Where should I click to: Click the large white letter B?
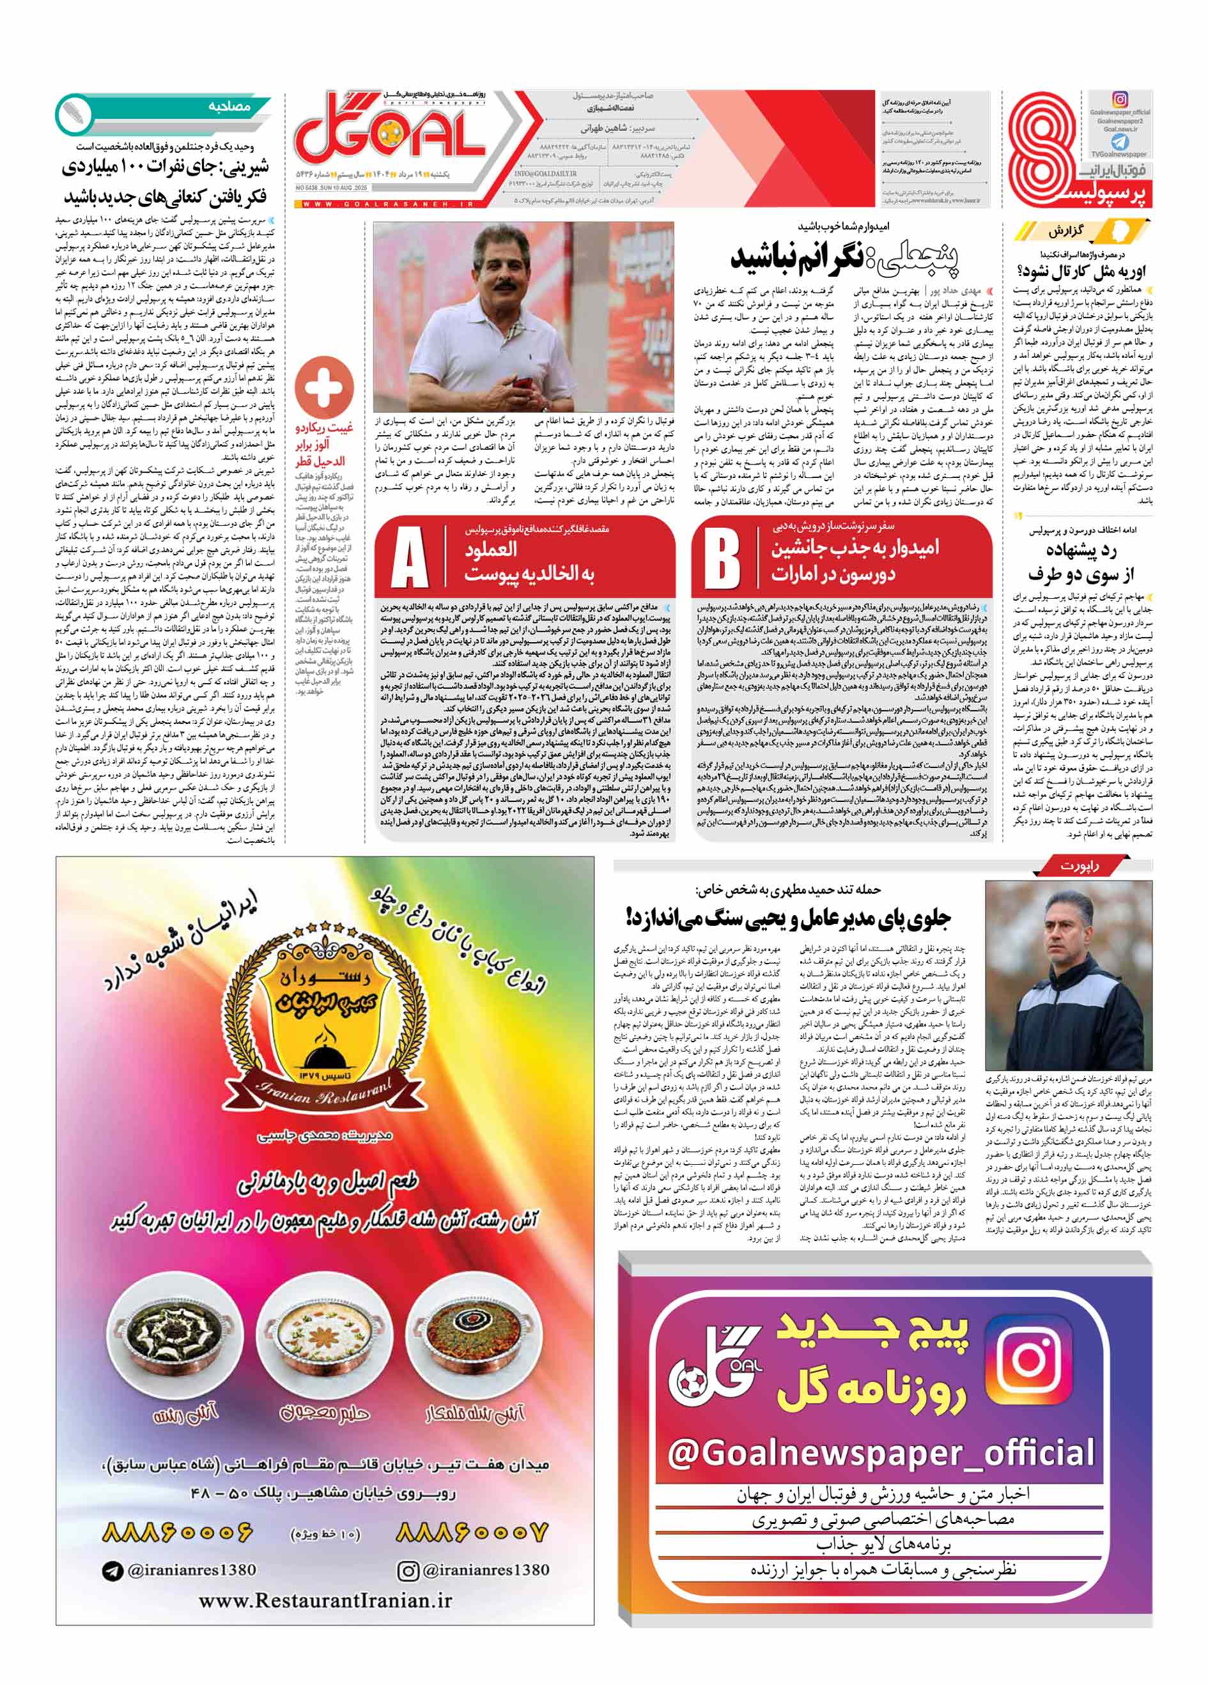coord(722,558)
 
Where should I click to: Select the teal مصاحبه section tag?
coord(229,107)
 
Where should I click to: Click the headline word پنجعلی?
coord(918,257)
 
